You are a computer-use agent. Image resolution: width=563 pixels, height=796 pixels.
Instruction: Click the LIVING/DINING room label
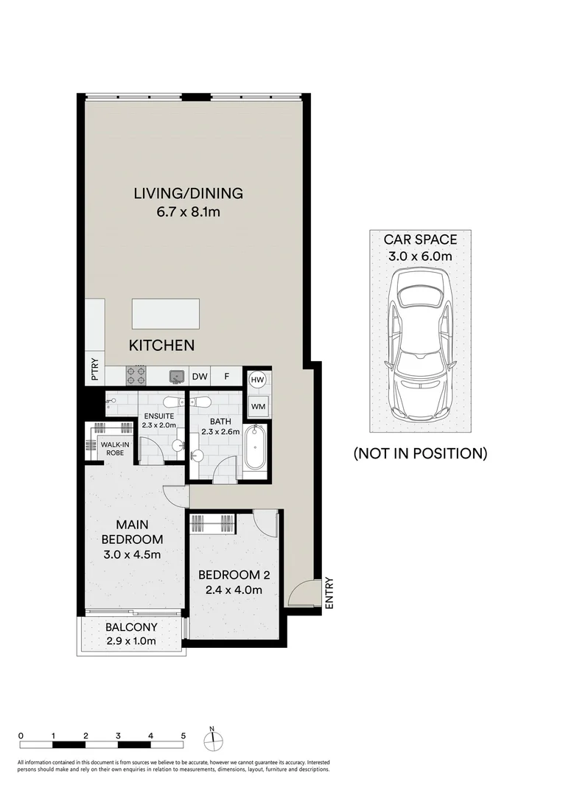coord(188,194)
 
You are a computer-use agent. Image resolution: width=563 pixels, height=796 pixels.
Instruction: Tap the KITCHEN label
coord(161,345)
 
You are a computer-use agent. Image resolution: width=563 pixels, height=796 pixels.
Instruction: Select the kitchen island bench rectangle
coord(166,314)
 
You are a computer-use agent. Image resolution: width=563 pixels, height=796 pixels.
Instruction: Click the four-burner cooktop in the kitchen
coord(137,376)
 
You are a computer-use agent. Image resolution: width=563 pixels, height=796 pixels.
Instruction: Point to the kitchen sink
coord(177,377)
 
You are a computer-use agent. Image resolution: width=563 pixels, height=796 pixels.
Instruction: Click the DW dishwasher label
coord(200,377)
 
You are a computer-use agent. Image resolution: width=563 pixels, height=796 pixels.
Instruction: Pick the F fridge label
coord(227,377)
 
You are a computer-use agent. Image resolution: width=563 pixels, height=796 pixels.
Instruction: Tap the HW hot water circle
coord(257,380)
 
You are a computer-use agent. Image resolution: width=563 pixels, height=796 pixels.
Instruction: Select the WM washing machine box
coord(258,405)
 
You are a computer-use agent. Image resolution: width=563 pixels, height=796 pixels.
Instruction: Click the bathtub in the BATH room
coord(257,449)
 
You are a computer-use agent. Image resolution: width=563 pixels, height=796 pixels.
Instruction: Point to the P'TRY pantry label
coord(95,369)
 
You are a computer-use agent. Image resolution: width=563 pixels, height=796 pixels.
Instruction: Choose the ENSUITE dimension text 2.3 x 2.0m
coord(159,425)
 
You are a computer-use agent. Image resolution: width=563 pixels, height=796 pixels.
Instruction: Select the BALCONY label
coord(131,627)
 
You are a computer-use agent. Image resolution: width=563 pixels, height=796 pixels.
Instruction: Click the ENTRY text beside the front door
coord(329,593)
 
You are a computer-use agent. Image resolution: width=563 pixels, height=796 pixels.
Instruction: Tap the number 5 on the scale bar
coord(183,736)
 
